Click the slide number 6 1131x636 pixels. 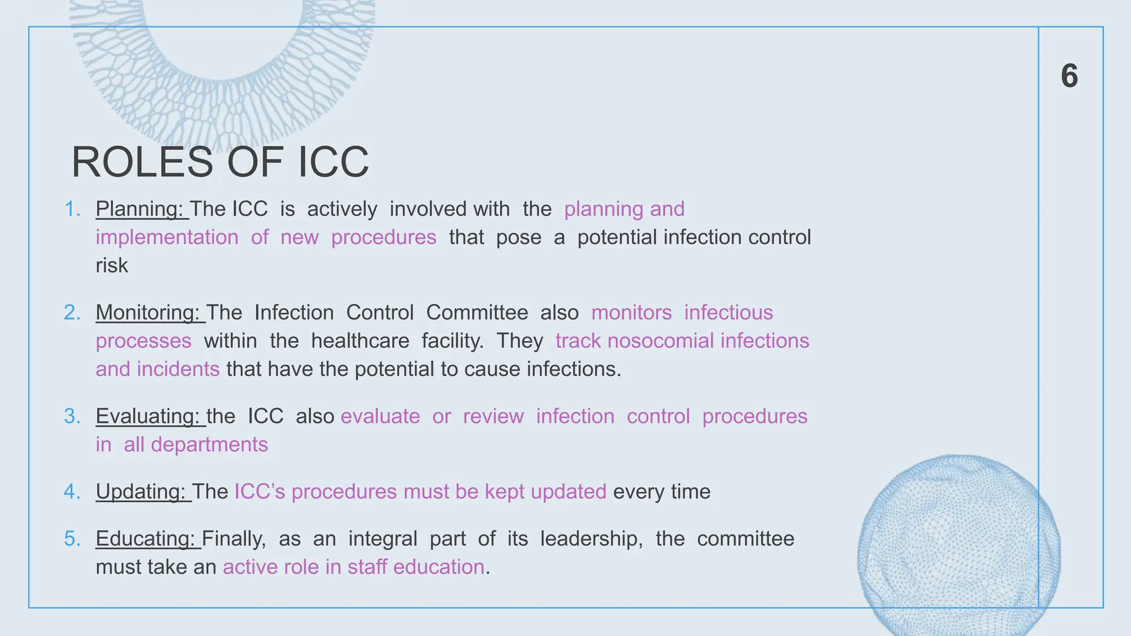pyautogui.click(x=1069, y=76)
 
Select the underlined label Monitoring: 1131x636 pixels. pyautogui.click(x=147, y=313)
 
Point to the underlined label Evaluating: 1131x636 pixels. pyautogui.click(x=147, y=416)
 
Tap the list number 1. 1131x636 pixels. pyautogui.click(x=72, y=209)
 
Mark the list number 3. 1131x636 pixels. pyautogui.click(x=72, y=416)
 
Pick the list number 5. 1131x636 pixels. pyautogui.click(x=72, y=539)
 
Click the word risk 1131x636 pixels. pyautogui.click(x=112, y=266)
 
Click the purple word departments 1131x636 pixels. pyautogui.click(x=209, y=445)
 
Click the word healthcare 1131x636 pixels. pyautogui.click(x=360, y=341)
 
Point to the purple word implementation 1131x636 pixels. pyautogui.click(x=167, y=237)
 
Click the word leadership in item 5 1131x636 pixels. pyautogui.click(x=591, y=539)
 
